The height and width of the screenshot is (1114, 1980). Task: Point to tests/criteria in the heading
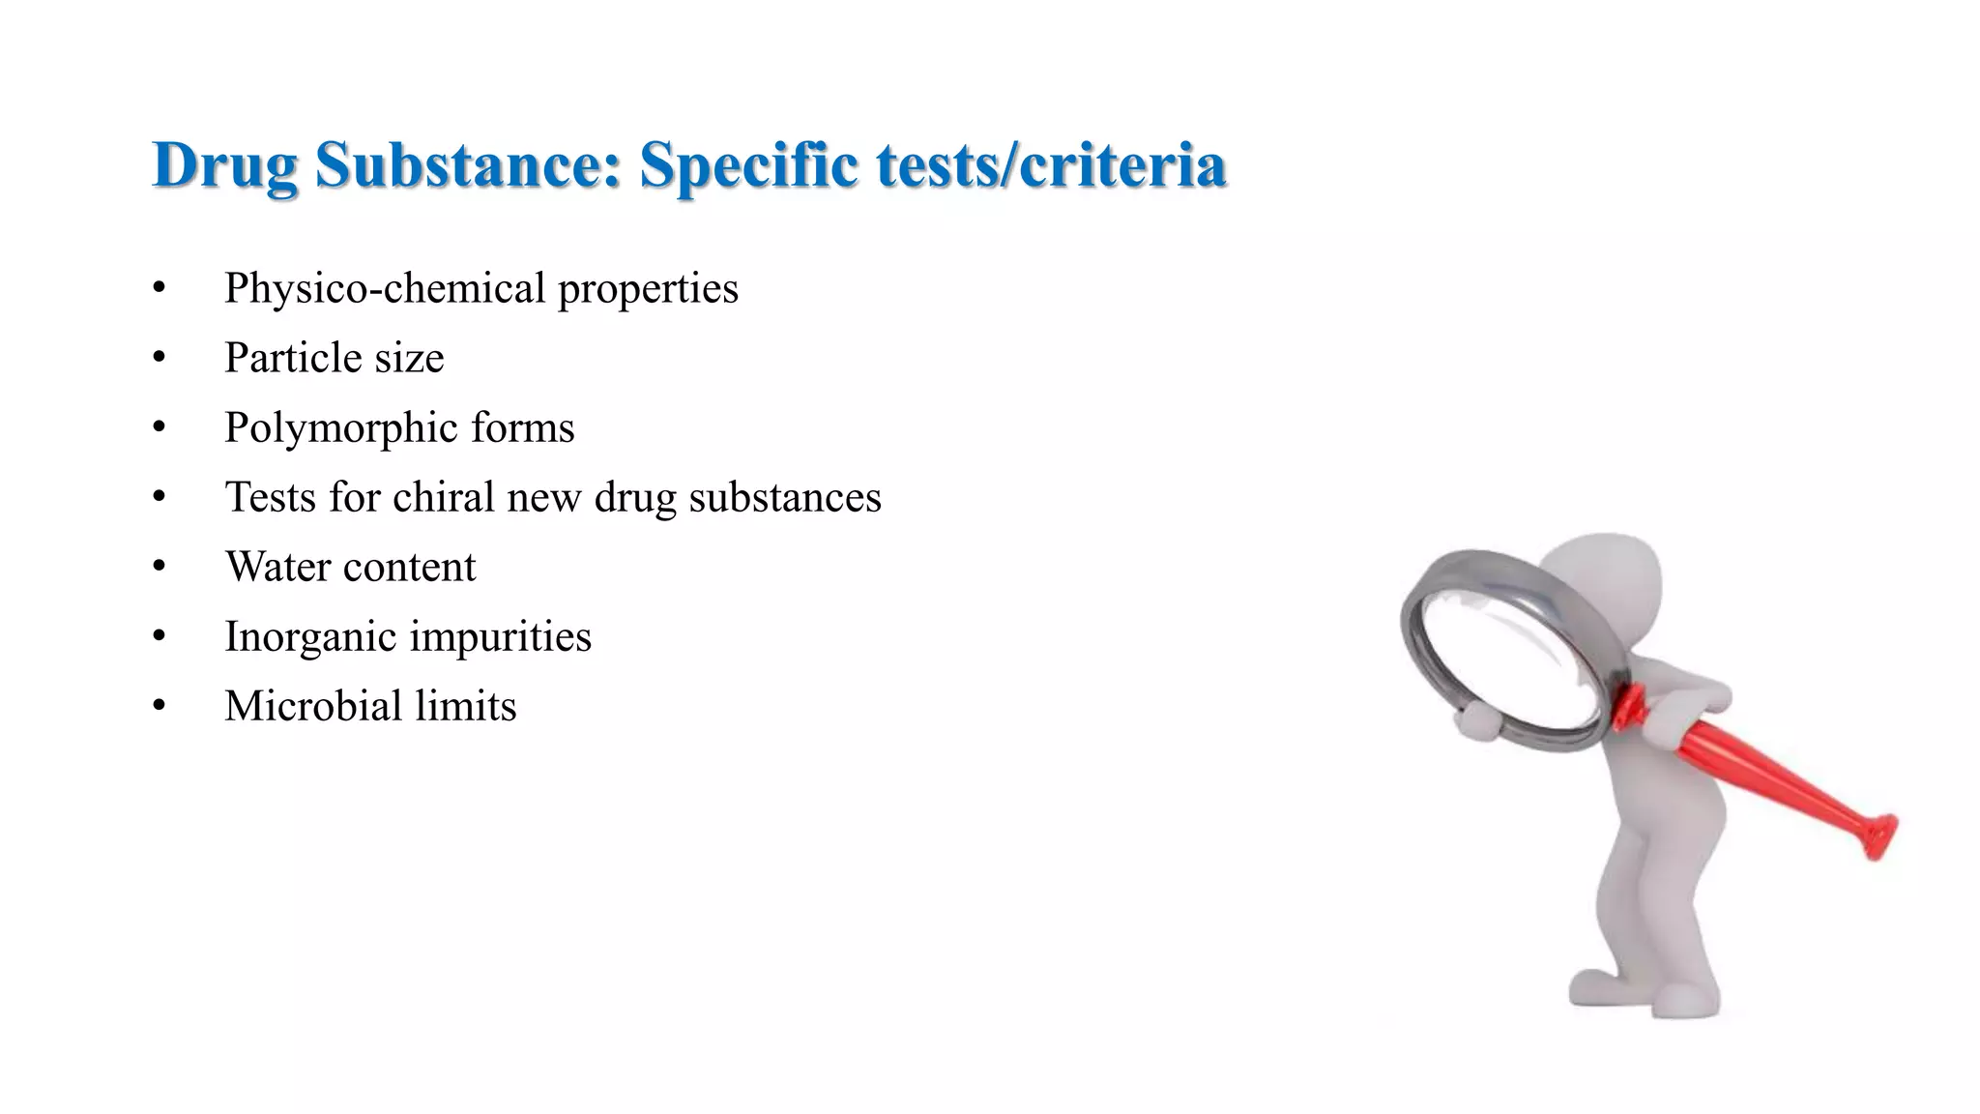pyautogui.click(x=1052, y=164)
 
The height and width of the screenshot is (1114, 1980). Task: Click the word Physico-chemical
pyautogui.click(x=386, y=289)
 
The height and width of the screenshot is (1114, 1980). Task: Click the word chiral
pyautogui.click(x=444, y=497)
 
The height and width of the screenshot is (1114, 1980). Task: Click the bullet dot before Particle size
pyautogui.click(x=160, y=358)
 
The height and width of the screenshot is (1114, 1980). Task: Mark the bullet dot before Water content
pyautogui.click(x=160, y=567)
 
